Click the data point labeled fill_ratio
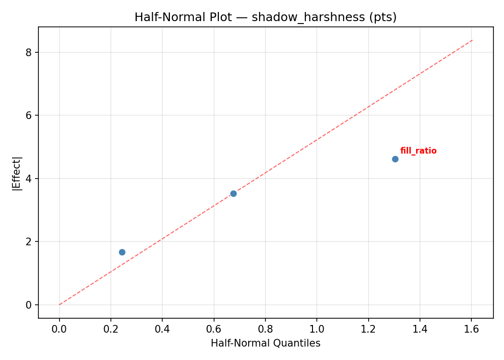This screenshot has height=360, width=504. [395, 159]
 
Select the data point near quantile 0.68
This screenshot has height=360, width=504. [233, 193]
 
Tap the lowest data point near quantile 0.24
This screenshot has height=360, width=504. [122, 252]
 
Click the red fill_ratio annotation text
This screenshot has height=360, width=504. [418, 151]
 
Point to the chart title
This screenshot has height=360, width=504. [265, 17]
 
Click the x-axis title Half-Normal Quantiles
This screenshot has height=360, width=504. [265, 343]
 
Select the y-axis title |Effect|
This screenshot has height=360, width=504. [17, 173]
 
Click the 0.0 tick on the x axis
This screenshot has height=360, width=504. [60, 329]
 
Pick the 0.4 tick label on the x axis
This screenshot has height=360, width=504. [162, 329]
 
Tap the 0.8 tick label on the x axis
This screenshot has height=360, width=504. [265, 329]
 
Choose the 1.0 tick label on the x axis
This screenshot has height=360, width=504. [317, 329]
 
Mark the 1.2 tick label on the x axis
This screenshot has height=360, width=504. [368, 329]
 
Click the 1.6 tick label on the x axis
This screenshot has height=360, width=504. [471, 329]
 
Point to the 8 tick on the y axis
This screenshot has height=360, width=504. [29, 52]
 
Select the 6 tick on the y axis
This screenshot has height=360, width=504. [29, 115]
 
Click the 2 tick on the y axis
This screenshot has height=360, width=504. [29, 241]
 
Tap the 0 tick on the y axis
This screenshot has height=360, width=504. [29, 305]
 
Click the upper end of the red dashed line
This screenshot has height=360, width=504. [472, 40]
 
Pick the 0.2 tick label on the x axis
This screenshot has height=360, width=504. [111, 329]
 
